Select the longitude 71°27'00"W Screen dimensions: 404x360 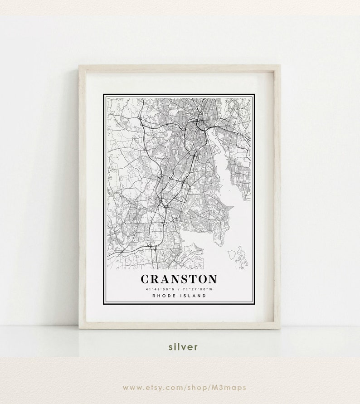point(197,289)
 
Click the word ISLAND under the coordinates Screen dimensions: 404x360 point(193,296)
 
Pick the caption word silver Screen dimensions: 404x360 point(183,347)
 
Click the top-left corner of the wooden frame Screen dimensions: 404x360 point(80,66)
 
